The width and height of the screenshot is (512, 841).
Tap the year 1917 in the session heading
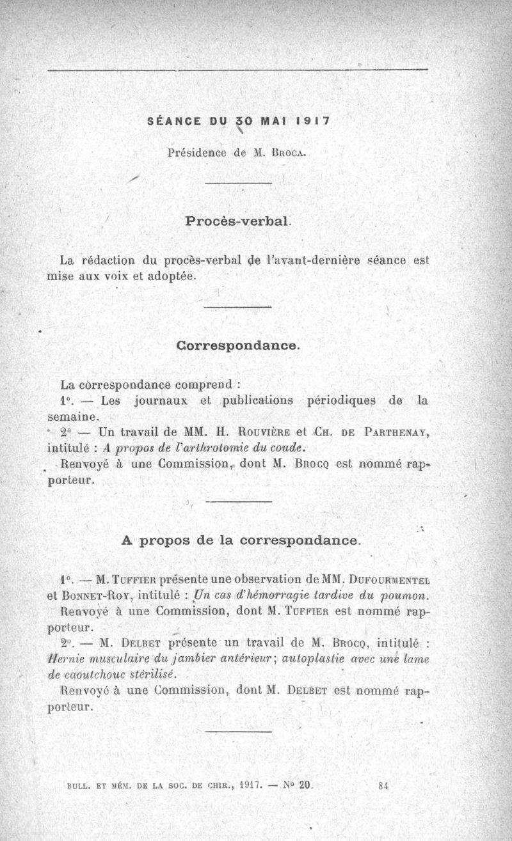314,120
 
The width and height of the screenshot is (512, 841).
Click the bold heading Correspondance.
237,345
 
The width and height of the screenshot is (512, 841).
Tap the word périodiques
342,401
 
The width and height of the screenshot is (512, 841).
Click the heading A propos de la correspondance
241,540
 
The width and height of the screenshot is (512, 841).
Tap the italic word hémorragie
253,595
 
